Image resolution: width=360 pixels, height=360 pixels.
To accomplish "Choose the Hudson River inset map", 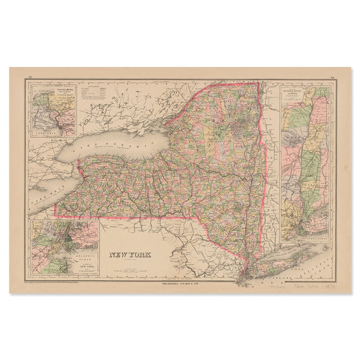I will point(306,162).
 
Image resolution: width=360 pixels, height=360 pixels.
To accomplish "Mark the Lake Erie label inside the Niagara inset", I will point(47,132).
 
